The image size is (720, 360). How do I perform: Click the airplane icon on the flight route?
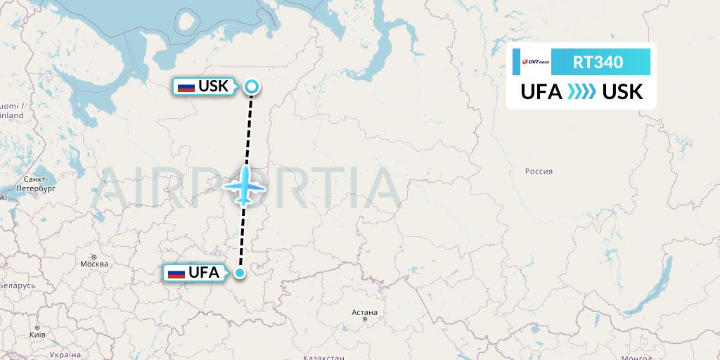tap(245, 186)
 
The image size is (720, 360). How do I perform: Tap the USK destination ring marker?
tap(252, 87)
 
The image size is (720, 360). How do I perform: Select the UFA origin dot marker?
tap(240, 273)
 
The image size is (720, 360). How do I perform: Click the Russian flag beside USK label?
tap(186, 87)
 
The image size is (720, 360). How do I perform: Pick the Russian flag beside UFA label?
tap(176, 273)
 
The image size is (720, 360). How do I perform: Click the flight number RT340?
tap(598, 62)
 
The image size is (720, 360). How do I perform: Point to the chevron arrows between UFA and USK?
tap(581, 91)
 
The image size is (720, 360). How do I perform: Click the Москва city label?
tap(94, 264)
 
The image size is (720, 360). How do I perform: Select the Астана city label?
tap(365, 312)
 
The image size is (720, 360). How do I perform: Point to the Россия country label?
tap(539, 171)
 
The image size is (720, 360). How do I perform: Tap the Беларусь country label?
tap(17, 286)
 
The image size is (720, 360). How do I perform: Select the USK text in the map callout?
tap(214, 86)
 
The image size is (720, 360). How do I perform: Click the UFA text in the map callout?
tap(204, 273)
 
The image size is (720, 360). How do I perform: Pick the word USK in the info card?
tap(623, 91)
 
